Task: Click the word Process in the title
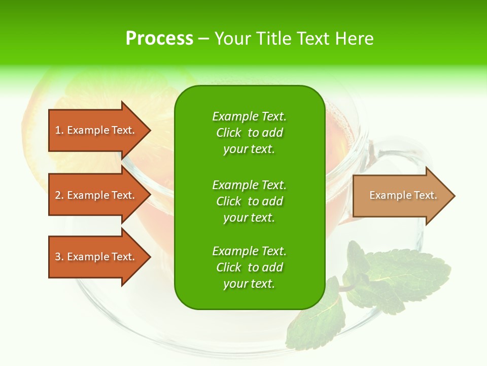coord(159,39)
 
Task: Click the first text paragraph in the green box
coord(249,133)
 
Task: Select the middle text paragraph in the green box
coord(249,201)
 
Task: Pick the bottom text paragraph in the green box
coord(249,267)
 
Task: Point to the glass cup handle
coord(401,152)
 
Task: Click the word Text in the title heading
coord(311,39)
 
